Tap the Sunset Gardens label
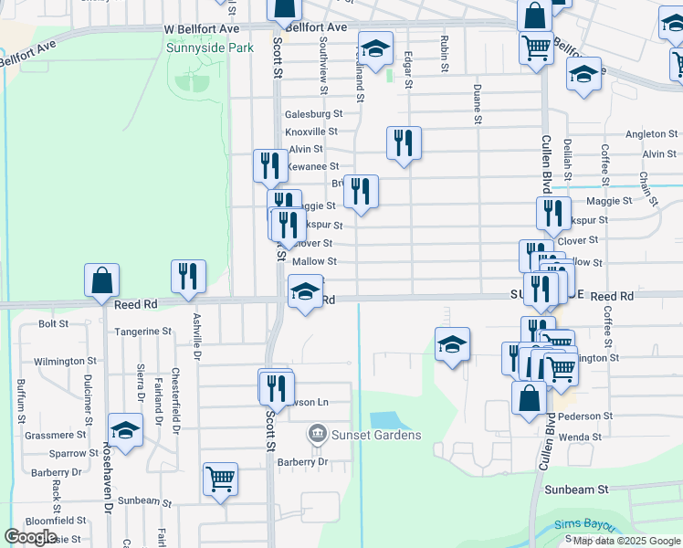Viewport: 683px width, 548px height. pyautogui.click(x=375, y=435)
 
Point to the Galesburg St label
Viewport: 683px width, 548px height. pyautogui.click(x=313, y=114)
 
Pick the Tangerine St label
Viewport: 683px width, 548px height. pyautogui.click(x=142, y=332)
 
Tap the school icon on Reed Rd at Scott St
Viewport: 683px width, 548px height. pyautogui.click(x=305, y=291)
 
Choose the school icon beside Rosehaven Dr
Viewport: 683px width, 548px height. pyautogui.click(x=125, y=429)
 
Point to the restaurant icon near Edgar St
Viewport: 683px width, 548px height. pyautogui.click(x=404, y=142)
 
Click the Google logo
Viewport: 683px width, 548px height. pyautogui.click(x=31, y=537)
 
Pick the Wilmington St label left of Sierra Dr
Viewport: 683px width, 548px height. pyautogui.click(x=65, y=362)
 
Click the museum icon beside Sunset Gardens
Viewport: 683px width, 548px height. pyautogui.click(x=318, y=431)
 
